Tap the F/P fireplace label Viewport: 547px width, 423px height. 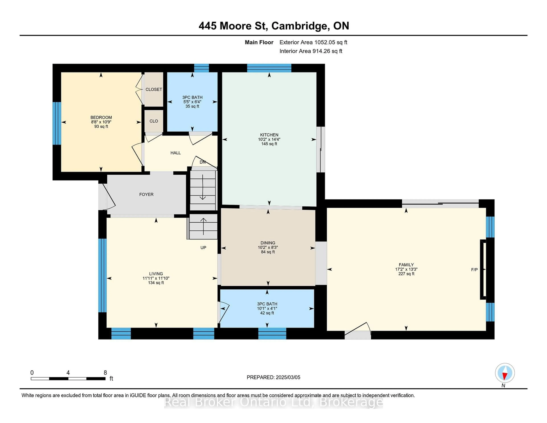(474, 270)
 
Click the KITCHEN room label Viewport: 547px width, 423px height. (269, 135)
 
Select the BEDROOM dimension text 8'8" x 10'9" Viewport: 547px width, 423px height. (101, 122)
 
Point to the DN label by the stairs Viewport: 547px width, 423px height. (202, 162)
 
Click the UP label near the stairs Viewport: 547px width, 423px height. (203, 248)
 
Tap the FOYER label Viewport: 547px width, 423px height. (146, 194)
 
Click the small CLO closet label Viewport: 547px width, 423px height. (154, 121)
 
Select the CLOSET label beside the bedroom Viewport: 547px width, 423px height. (154, 90)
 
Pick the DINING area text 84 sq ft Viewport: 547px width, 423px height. (268, 252)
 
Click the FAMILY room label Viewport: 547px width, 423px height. (406, 265)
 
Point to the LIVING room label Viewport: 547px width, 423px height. (156, 274)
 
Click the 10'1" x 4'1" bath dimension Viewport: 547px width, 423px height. (267, 308)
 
